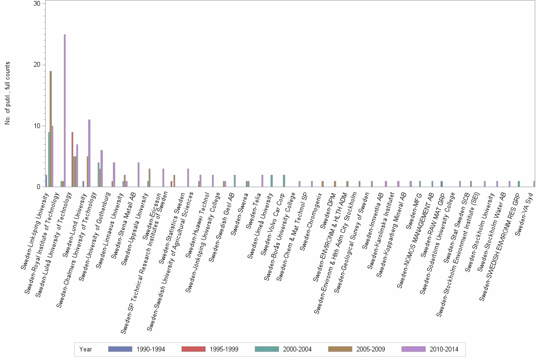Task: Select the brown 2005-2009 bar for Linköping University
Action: click(x=50, y=129)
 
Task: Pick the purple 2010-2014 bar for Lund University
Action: click(x=89, y=153)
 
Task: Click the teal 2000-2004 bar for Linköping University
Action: click(x=49, y=160)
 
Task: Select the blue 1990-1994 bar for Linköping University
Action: click(x=46, y=181)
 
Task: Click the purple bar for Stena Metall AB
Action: click(x=139, y=175)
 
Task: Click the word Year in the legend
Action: click(x=86, y=349)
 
